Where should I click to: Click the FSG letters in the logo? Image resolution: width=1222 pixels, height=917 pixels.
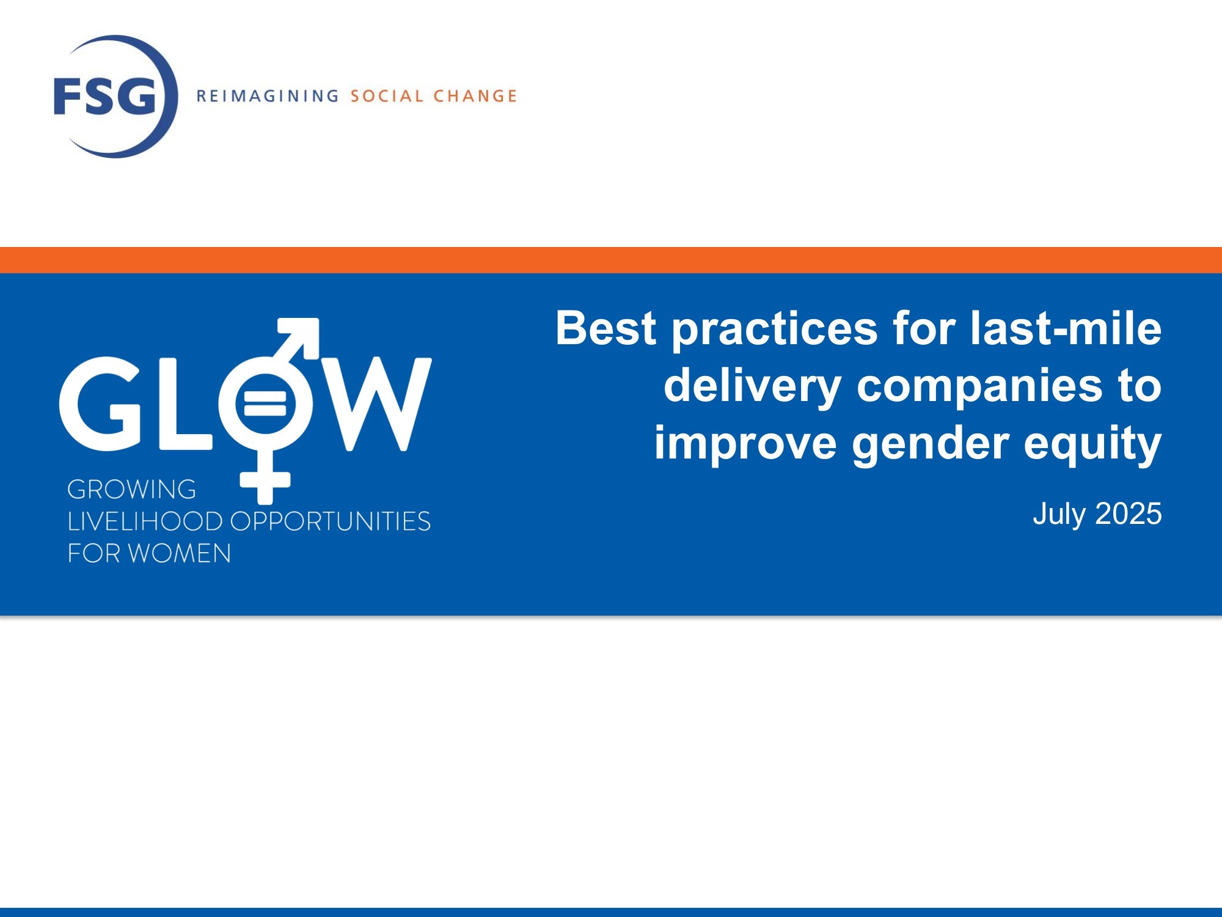point(105,96)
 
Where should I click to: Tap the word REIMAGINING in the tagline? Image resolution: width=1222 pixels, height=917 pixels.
point(268,96)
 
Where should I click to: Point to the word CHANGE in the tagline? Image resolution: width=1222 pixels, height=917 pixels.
point(475,96)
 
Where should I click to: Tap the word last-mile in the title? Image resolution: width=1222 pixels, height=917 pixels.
point(1066,328)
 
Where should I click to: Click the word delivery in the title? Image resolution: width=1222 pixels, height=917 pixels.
point(753,388)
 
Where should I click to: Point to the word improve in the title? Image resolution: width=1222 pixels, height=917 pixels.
point(745,444)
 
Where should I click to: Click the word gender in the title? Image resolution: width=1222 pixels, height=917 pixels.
point(931,444)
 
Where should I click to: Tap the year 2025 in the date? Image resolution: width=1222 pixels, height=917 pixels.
point(1129,514)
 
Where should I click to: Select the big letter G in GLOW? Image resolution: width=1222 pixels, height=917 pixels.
point(102,404)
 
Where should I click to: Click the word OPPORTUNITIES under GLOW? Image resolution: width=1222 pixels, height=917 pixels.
point(331,521)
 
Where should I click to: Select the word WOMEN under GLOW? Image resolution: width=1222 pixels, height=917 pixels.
point(180,553)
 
